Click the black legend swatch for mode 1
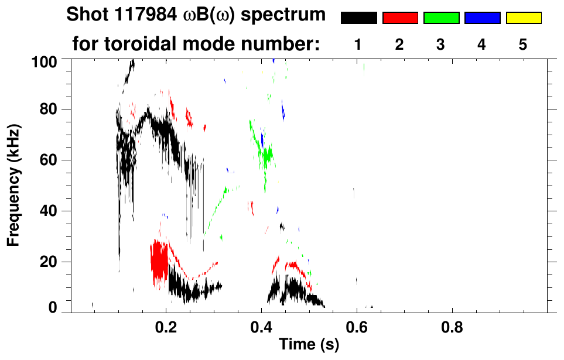(x=358, y=18)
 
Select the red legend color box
(x=399, y=18)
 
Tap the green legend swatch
(x=440, y=18)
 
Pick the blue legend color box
(x=482, y=18)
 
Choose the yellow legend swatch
(x=523, y=18)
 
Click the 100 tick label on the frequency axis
(x=44, y=61)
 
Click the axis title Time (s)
(x=309, y=345)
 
